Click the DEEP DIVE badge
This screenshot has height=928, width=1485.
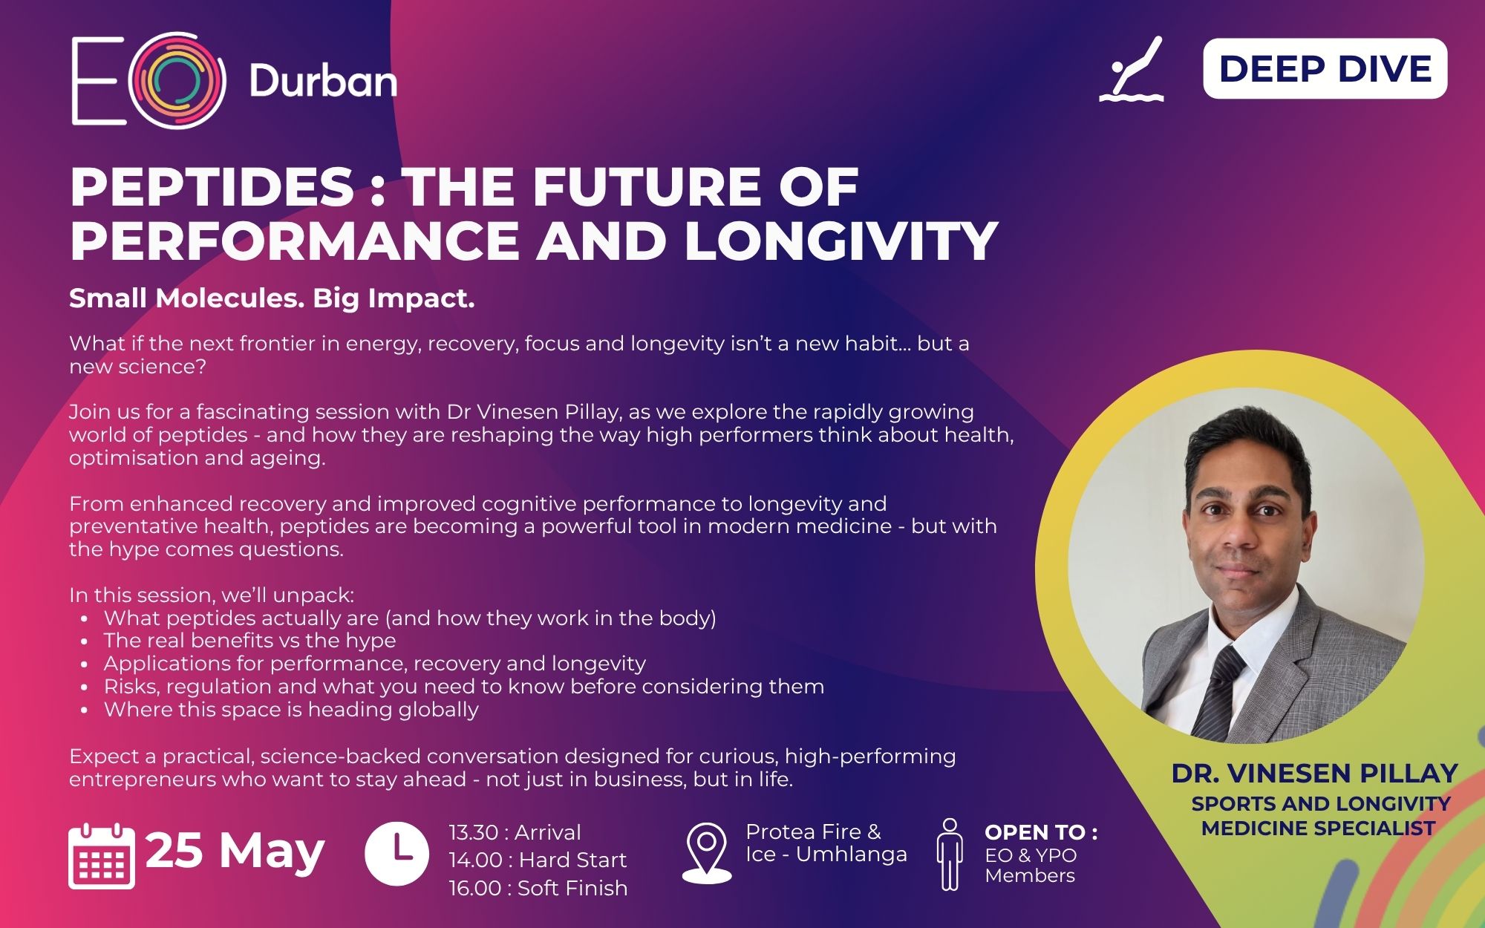1325,69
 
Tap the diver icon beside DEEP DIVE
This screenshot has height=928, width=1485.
1131,69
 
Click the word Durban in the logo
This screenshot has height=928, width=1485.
323,81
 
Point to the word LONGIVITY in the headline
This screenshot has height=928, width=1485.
841,241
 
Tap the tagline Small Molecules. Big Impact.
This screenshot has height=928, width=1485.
272,298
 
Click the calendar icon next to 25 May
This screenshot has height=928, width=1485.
102,855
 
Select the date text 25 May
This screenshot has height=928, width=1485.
235,851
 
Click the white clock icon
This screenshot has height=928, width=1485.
396,853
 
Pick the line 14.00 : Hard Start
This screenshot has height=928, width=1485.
538,860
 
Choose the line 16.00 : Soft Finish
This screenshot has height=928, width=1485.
538,888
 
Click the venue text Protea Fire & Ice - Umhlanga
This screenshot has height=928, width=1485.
826,843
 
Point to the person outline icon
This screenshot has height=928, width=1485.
950,854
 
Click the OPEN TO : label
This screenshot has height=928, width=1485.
1041,832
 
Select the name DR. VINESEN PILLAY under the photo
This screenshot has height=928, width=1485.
1315,774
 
